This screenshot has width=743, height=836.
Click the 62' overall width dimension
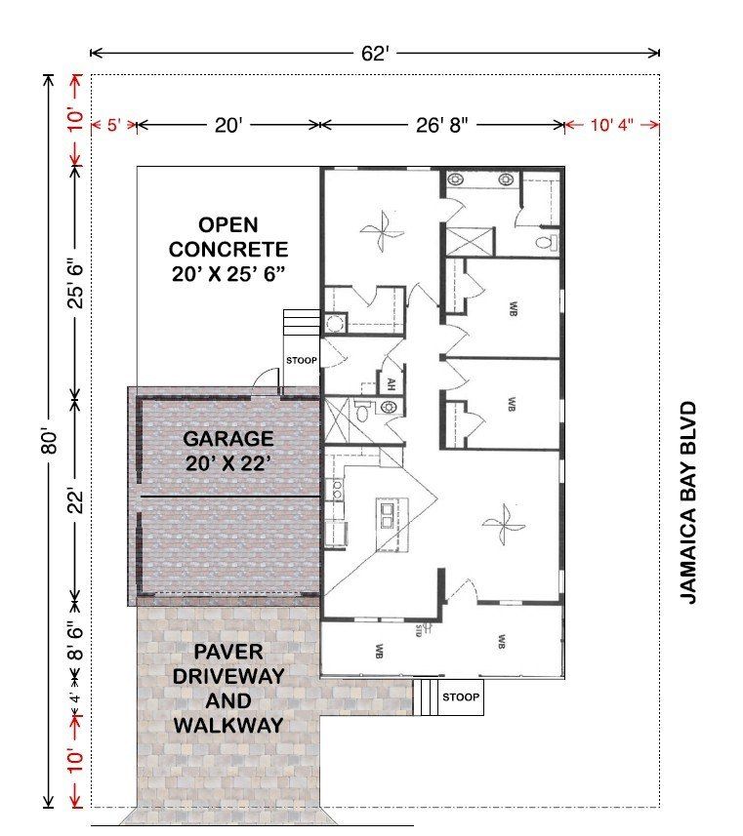pyautogui.click(x=374, y=54)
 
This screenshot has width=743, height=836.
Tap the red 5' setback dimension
pyautogui.click(x=112, y=125)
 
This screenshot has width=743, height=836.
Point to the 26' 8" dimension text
pyautogui.click(x=442, y=125)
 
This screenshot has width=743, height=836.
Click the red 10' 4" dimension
pyautogui.click(x=612, y=125)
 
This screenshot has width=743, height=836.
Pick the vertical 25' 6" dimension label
pyautogui.click(x=75, y=283)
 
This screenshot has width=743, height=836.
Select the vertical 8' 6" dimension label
pyautogui.click(x=75, y=640)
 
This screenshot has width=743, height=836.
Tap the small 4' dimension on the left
pyautogui.click(x=75, y=696)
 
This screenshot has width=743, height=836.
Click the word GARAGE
pyautogui.click(x=228, y=439)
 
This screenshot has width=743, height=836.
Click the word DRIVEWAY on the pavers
pyautogui.click(x=228, y=676)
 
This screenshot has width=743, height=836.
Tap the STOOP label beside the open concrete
pyautogui.click(x=302, y=361)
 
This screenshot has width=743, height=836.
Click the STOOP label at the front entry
pyautogui.click(x=461, y=697)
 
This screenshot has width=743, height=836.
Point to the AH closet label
pyautogui.click(x=391, y=383)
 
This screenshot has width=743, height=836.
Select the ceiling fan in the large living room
pyautogui.click(x=503, y=527)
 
